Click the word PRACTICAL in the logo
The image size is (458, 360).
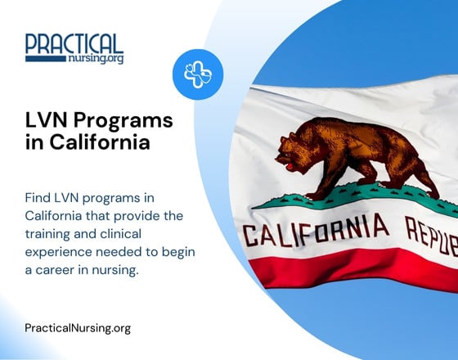tap(74, 43)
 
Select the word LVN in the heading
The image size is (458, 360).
tap(48, 121)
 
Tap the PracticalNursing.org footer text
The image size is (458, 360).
tap(78, 328)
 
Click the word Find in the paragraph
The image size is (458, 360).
tap(40, 200)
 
